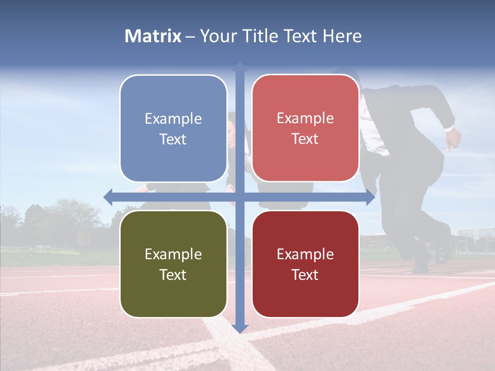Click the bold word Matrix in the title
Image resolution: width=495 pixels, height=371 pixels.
click(x=153, y=36)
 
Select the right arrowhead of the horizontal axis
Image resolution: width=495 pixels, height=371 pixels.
click(x=370, y=197)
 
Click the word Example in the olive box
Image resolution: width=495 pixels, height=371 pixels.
click(x=173, y=254)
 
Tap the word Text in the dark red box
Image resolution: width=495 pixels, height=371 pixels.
click(x=305, y=275)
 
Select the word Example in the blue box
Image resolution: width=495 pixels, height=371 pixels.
click(x=173, y=119)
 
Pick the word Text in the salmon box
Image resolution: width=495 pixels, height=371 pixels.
click(x=305, y=139)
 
